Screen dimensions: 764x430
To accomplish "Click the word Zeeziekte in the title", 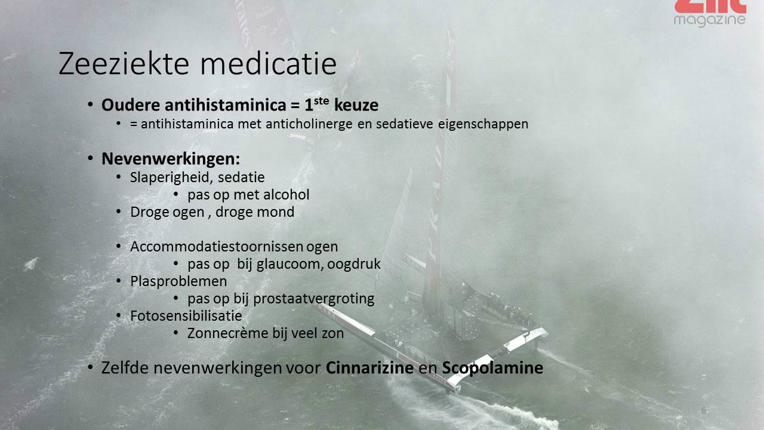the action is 124,63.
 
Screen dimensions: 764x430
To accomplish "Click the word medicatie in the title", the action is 269,63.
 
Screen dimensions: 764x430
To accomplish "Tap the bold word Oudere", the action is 131,105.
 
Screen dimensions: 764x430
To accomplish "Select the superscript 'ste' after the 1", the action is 321,101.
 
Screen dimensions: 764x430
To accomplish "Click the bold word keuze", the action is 356,105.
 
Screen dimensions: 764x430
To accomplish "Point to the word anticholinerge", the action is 309,124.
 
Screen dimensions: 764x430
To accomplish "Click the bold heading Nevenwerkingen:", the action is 171,159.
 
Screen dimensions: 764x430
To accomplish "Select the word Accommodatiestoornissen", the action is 217,247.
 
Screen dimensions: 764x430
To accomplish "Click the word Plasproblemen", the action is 178,281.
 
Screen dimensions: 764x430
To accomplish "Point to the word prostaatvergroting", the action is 314,299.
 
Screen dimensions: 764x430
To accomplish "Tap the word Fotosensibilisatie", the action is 186,316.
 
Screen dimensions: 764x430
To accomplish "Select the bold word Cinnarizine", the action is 369,367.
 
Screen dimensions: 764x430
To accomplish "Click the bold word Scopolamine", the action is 492,368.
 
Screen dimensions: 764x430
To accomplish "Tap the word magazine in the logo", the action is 710,20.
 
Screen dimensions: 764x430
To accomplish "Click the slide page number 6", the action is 704,410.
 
